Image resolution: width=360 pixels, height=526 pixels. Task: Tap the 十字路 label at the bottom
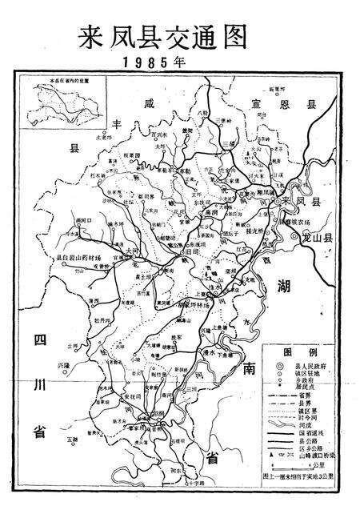[195, 507]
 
